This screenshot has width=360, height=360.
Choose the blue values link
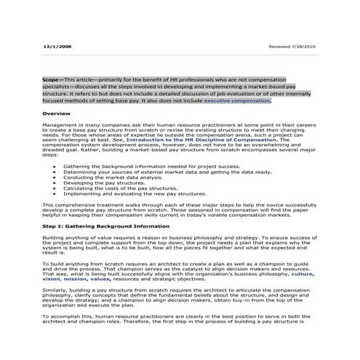100,279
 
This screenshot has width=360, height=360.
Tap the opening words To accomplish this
68,318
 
